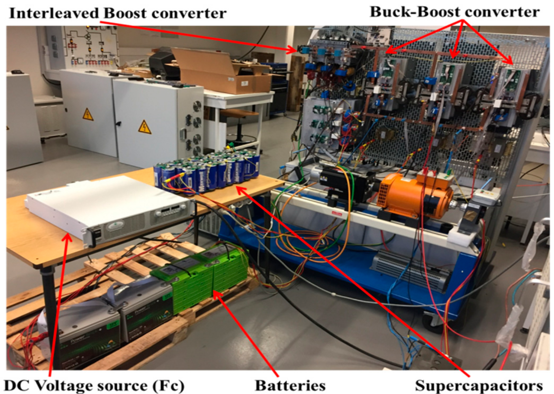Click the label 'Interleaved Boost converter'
118,13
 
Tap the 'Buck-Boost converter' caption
454,12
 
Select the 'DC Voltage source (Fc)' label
94,386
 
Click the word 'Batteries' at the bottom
290,386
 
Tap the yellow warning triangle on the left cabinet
88,115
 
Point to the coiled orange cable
305,246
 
